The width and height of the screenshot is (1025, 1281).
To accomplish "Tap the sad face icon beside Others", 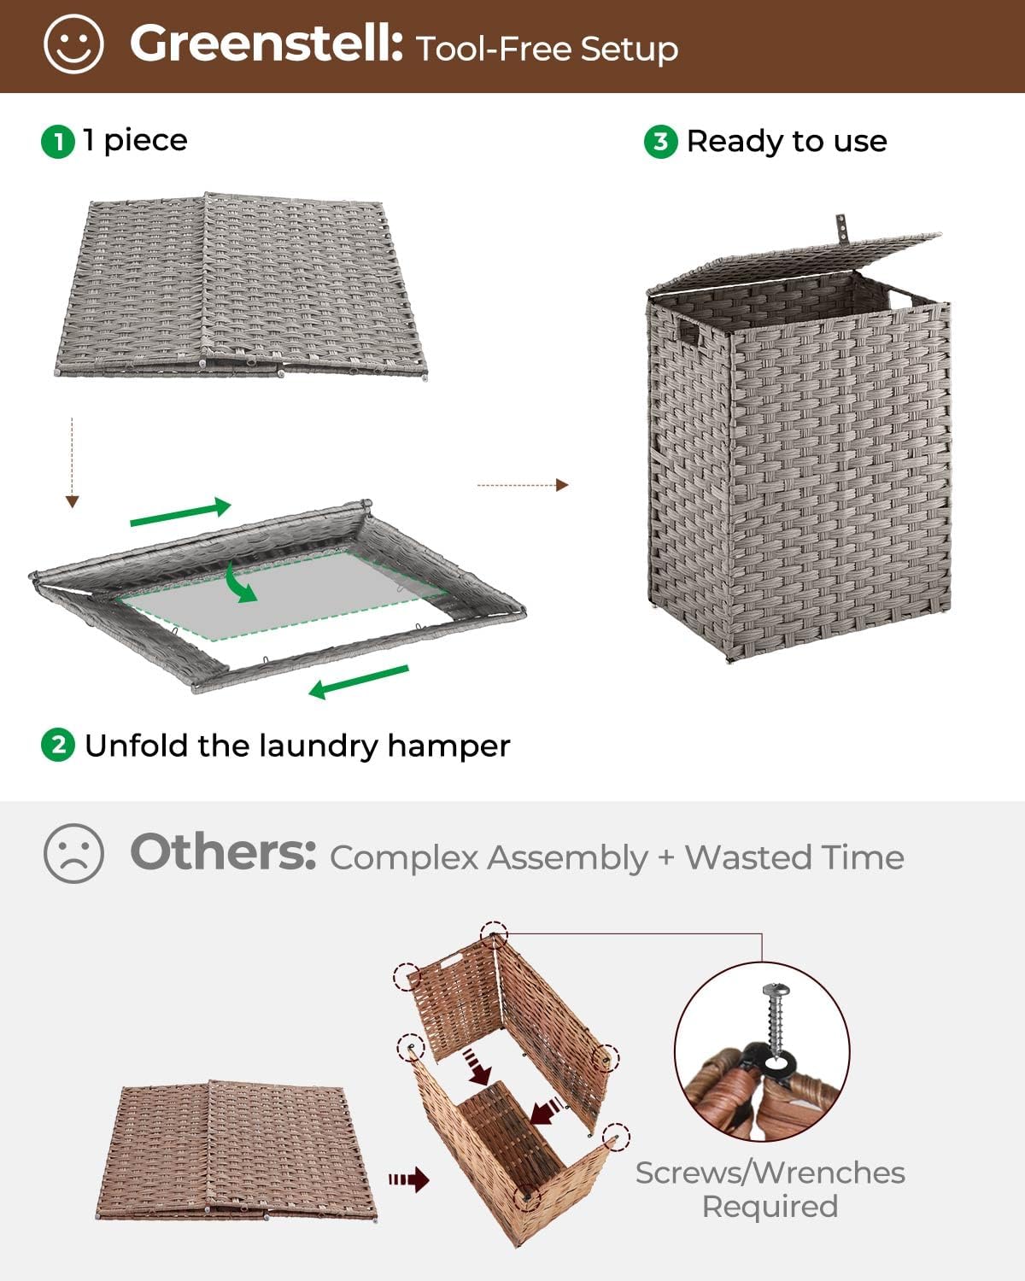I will pyautogui.click(x=73, y=853).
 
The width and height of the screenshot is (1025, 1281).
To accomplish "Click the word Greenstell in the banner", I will pyautogui.click(x=266, y=44).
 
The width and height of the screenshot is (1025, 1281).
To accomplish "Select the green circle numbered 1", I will pyautogui.click(x=58, y=141).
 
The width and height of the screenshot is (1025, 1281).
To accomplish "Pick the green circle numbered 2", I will pyautogui.click(x=58, y=745).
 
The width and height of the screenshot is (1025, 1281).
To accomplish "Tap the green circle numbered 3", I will pyautogui.click(x=660, y=141).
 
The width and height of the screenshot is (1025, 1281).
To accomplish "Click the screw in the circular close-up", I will pyautogui.click(x=778, y=1021).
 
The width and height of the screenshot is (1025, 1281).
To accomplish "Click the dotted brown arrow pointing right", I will pyautogui.click(x=522, y=485).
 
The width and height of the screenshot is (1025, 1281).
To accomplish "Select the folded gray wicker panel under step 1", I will pyautogui.click(x=242, y=286).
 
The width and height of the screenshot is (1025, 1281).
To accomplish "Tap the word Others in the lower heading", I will pyautogui.click(x=223, y=852).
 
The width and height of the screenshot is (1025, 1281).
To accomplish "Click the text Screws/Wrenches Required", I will pyautogui.click(x=770, y=1189).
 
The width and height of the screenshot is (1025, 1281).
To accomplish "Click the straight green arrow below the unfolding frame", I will pyautogui.click(x=359, y=681).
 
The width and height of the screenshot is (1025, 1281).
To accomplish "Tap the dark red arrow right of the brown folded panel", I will pyautogui.click(x=409, y=1180).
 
